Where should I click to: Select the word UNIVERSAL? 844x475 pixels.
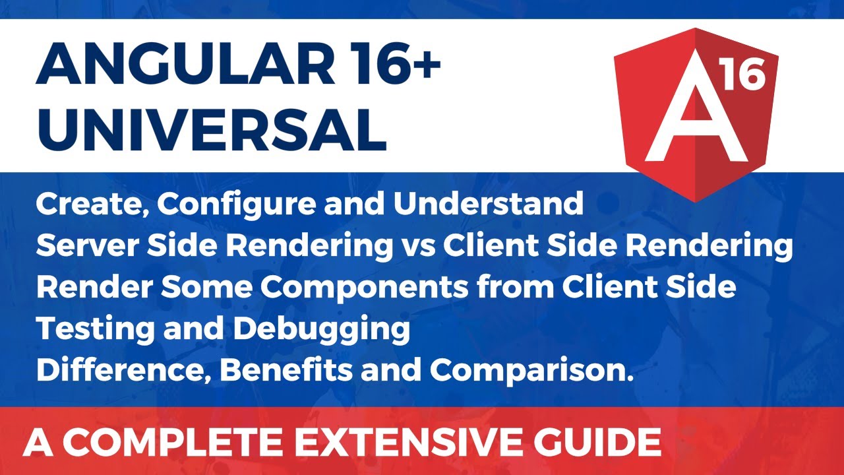pos(211,131)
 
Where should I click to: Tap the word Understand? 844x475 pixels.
pos(488,205)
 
